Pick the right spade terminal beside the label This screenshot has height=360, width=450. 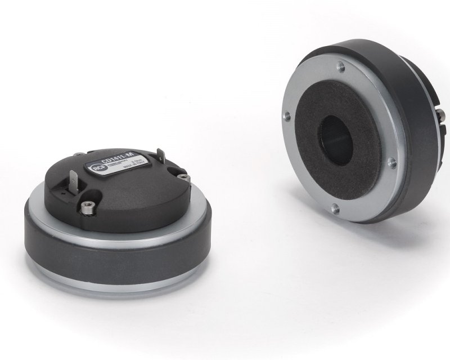coord(161,157)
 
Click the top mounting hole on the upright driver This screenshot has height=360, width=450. coord(340,67)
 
